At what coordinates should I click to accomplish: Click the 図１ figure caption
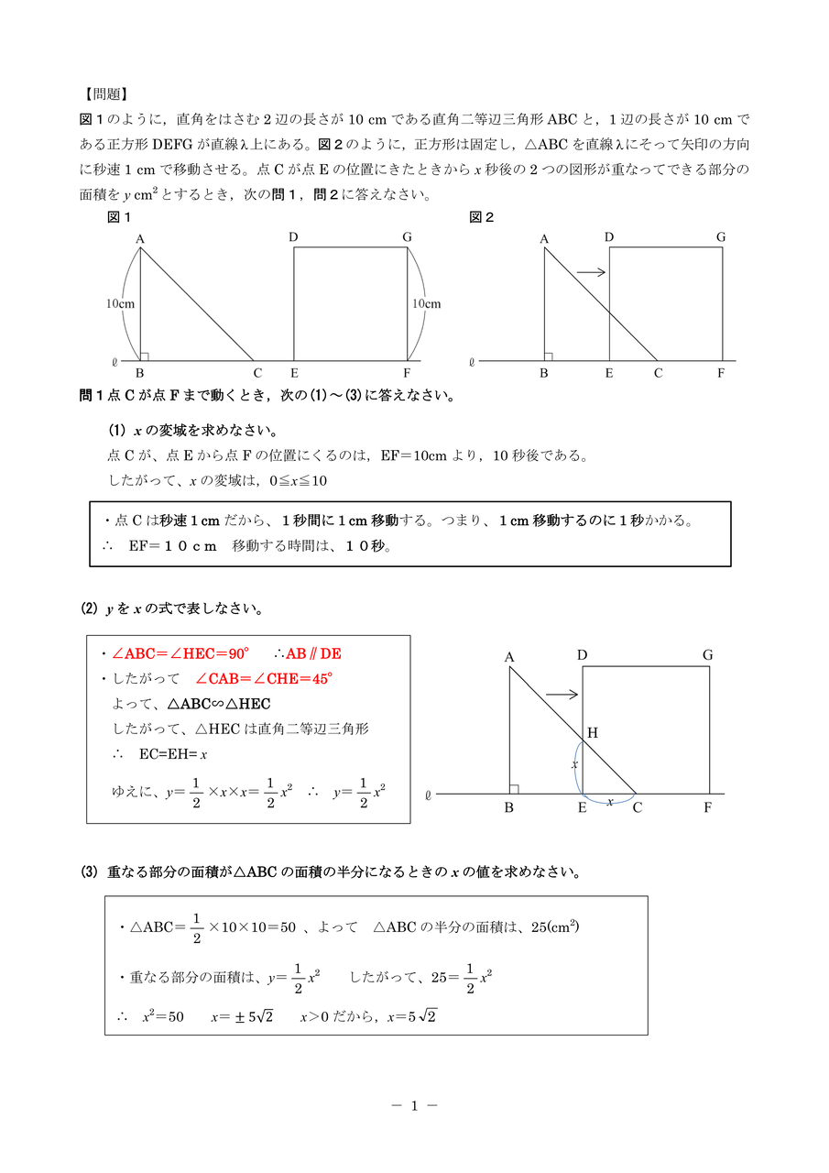[120, 217]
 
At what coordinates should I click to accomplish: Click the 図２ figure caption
[482, 217]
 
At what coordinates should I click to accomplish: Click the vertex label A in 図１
[140, 239]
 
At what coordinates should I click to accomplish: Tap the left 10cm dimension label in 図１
[119, 303]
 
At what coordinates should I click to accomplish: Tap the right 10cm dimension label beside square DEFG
[426, 303]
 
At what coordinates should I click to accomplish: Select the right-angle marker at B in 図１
[145, 356]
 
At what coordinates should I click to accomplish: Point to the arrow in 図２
[592, 271]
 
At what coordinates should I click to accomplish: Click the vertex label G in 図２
[721, 237]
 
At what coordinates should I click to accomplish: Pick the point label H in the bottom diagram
[592, 732]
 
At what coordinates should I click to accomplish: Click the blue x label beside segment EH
[575, 763]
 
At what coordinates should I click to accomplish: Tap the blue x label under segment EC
[610, 801]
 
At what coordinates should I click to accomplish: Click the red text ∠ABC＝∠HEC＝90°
[180, 653]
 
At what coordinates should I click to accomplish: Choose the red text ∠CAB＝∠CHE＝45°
[264, 678]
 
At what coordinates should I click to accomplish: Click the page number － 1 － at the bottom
[414, 1105]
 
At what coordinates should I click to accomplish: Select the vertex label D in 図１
[293, 237]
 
